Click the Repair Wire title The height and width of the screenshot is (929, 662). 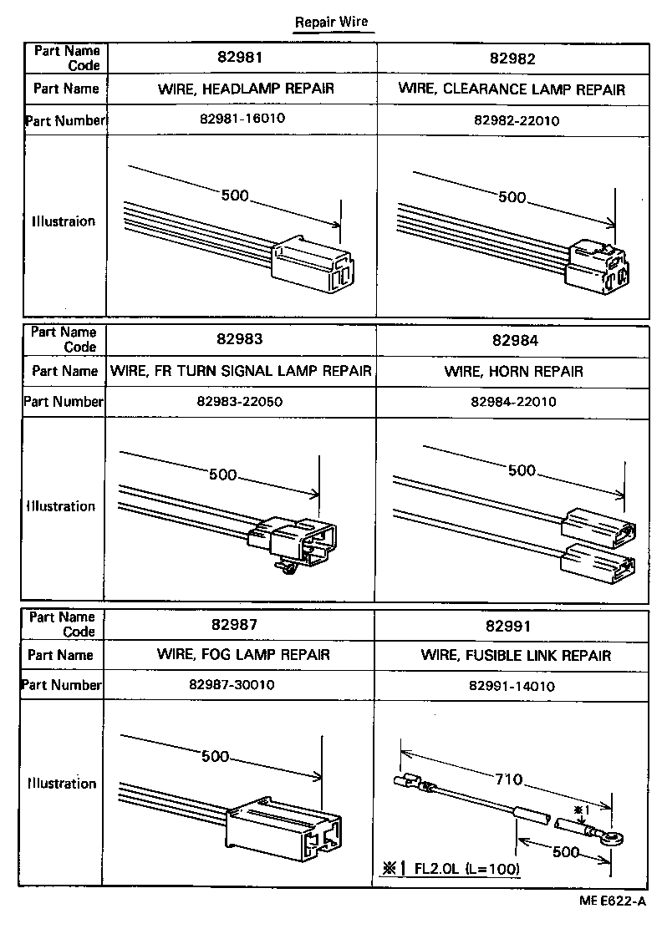(x=330, y=23)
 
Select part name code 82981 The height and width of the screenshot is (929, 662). (x=242, y=58)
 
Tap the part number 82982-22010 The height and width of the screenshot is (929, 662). (x=516, y=119)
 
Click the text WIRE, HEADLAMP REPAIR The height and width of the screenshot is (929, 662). (x=242, y=89)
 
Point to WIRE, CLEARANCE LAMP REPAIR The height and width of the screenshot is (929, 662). (x=512, y=89)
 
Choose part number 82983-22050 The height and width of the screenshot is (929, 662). (x=240, y=401)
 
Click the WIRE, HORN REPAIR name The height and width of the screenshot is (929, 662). (x=513, y=370)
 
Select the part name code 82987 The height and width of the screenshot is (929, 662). (x=242, y=624)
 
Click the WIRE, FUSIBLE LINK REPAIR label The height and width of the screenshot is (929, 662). (x=515, y=655)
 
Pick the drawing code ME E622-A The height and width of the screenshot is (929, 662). (x=611, y=901)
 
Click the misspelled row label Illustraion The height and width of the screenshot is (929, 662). (x=64, y=221)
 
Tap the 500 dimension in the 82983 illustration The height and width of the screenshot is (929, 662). (x=222, y=475)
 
